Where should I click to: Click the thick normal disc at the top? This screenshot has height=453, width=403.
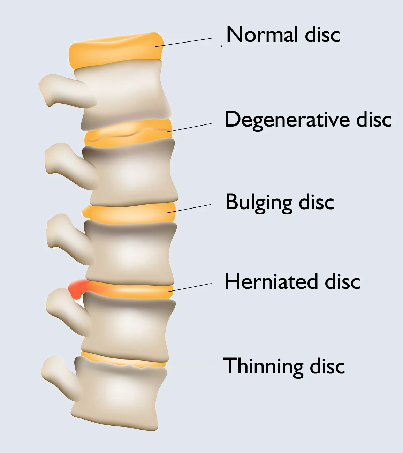(x=116, y=50)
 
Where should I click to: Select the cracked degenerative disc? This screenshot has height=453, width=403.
(x=128, y=133)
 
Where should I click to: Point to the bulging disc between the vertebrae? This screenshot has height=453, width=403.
(x=129, y=213)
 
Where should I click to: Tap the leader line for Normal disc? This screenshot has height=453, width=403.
(x=183, y=43)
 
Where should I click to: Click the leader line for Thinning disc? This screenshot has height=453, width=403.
(x=188, y=367)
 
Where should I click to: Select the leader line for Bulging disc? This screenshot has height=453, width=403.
(x=189, y=209)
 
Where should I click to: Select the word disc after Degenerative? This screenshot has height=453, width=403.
(x=374, y=119)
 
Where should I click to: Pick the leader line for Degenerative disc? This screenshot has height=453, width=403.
(x=190, y=127)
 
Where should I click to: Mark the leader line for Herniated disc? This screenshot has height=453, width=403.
(x=190, y=288)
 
